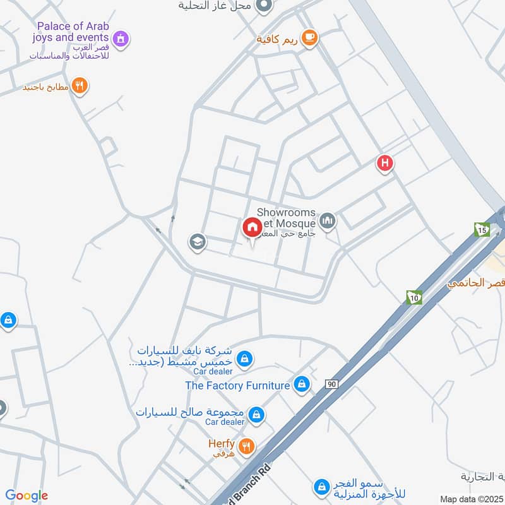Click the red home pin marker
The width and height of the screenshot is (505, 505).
pyautogui.click(x=252, y=228)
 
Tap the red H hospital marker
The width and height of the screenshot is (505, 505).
pyautogui.click(x=385, y=164)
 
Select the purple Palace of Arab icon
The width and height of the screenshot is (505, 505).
pyautogui.click(x=121, y=39)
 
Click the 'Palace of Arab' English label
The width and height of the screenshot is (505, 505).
pyautogui.click(x=73, y=27)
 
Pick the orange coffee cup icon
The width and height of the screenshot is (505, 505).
pyautogui.click(x=309, y=38)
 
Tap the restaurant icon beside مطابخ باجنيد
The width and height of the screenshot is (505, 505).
pyautogui.click(x=80, y=86)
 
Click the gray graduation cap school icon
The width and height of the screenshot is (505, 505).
pyautogui.click(x=198, y=242)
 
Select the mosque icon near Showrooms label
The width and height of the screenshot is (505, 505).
pyautogui.click(x=327, y=220)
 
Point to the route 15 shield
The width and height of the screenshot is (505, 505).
pyautogui.click(x=482, y=230)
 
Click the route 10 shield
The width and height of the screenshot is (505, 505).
pyautogui.click(x=414, y=297)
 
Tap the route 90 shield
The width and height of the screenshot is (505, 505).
pyautogui.click(x=332, y=384)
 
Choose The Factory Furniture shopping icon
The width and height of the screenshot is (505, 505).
pyautogui.click(x=302, y=384)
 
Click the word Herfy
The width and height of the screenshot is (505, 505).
pyautogui.click(x=222, y=444)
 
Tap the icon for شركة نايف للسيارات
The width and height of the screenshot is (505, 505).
pyautogui.click(x=244, y=360)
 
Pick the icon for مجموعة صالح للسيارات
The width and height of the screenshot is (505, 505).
pyautogui.click(x=256, y=414)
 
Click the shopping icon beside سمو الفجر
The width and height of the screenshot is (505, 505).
pyautogui.click(x=322, y=487)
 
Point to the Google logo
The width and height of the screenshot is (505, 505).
pyautogui.click(x=27, y=496)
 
